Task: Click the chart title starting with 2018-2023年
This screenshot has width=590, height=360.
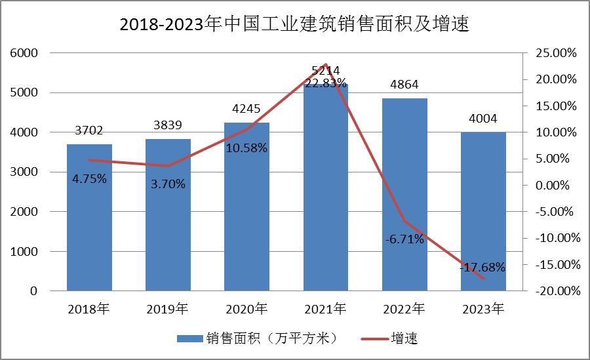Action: (x=295, y=24)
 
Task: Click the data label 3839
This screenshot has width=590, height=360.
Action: (x=168, y=125)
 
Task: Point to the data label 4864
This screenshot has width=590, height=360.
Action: (x=404, y=85)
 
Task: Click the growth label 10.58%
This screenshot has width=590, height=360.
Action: (x=246, y=148)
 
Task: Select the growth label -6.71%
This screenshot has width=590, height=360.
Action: (x=404, y=239)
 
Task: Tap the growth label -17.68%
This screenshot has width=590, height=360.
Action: (x=482, y=267)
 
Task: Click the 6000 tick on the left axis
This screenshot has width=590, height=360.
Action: (x=24, y=53)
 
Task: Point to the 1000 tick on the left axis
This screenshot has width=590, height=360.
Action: (x=24, y=252)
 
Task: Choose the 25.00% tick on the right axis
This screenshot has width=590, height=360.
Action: (x=556, y=53)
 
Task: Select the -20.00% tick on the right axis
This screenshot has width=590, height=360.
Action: (x=555, y=291)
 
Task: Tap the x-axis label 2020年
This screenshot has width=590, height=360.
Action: (x=246, y=308)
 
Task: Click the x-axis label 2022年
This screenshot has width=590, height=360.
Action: (x=404, y=308)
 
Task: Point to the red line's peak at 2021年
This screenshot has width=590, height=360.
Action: (x=326, y=64)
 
